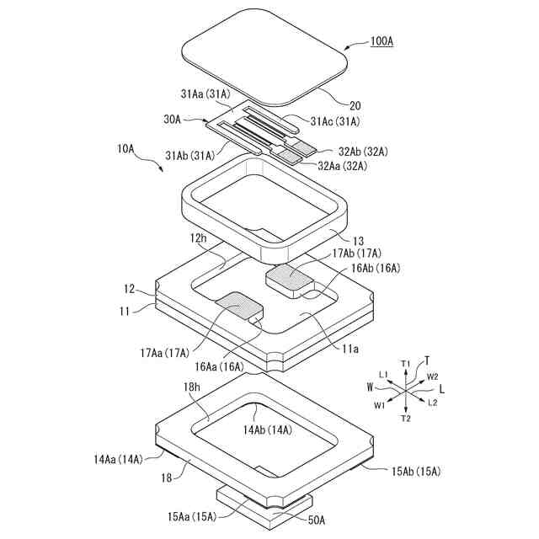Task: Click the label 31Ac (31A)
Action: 334,121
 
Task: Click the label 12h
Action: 198,238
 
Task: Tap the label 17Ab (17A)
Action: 357,253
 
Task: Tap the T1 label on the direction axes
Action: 405,363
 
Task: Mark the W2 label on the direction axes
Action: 432,376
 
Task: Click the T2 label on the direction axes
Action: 405,419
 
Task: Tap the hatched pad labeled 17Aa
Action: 239,306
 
